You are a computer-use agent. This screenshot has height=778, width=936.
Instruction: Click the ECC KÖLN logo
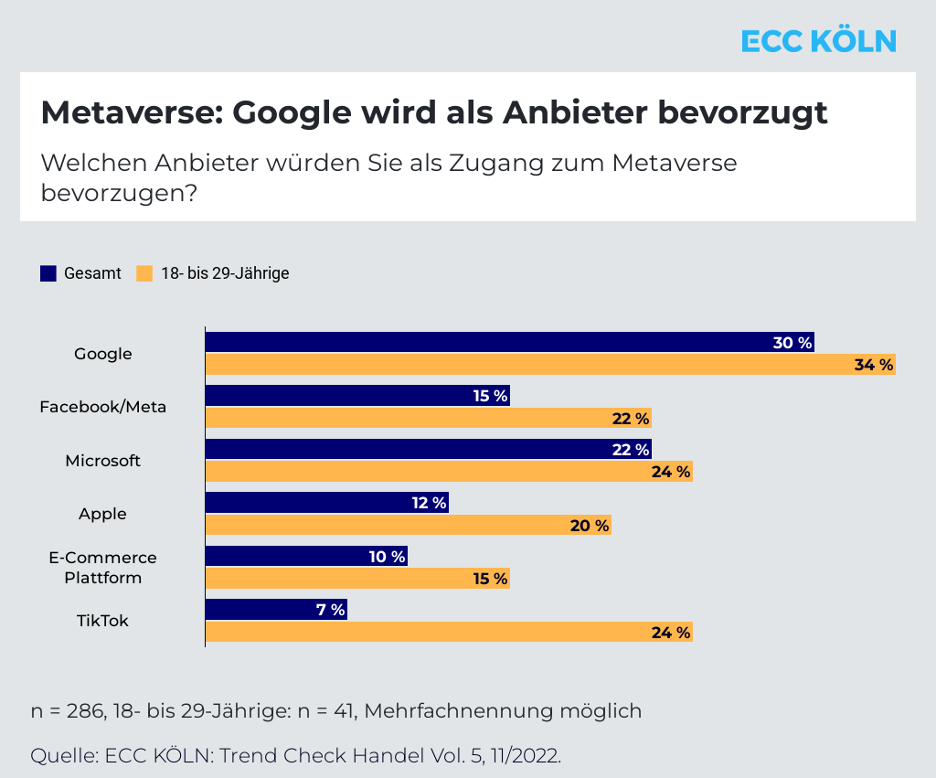[x=818, y=40]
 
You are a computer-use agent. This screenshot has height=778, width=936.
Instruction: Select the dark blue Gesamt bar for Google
[x=510, y=342]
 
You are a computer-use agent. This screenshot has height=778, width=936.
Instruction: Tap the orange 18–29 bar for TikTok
[x=449, y=632]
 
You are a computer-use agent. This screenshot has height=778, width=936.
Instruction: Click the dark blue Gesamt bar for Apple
[x=327, y=502]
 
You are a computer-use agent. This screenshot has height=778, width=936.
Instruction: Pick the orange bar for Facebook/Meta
[x=429, y=418]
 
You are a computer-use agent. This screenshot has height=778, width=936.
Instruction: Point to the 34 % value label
[x=874, y=365]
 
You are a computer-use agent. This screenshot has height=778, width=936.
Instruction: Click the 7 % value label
[x=330, y=610]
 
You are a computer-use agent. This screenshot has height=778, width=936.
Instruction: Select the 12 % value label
[x=430, y=503]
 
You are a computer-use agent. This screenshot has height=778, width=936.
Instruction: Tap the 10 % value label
[x=387, y=557]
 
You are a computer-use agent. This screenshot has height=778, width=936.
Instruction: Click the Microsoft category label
[x=102, y=461]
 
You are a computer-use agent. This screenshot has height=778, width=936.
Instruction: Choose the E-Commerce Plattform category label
[x=102, y=567]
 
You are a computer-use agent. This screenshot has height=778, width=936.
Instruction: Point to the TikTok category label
[x=102, y=621]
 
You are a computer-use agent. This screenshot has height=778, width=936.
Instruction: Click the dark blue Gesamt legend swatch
[x=48, y=273]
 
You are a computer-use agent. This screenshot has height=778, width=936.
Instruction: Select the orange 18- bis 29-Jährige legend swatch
[x=144, y=273]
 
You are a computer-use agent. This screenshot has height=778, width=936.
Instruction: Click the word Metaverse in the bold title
[x=132, y=112]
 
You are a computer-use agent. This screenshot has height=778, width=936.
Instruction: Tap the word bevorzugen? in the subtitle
[x=119, y=193]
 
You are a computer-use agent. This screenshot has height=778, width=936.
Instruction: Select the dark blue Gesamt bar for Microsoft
[x=429, y=449]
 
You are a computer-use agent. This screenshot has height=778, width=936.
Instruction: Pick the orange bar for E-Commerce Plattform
[x=357, y=579]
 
